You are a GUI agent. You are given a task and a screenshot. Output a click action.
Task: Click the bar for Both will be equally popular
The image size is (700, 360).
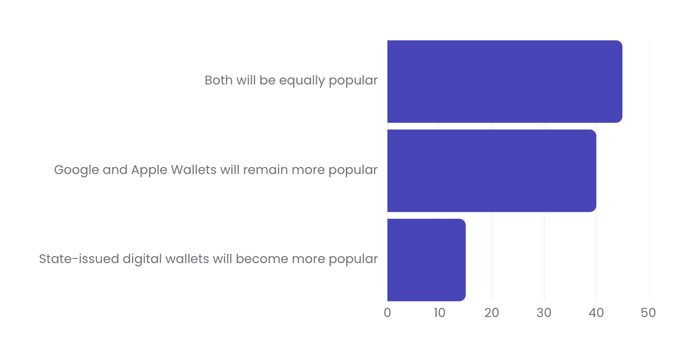(x=504, y=81)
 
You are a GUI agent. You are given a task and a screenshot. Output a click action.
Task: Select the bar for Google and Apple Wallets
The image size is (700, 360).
(x=491, y=170)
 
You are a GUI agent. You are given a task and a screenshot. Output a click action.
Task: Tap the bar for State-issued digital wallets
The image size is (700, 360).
(x=426, y=259)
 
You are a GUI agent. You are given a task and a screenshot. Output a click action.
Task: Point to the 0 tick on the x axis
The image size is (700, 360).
(x=387, y=313)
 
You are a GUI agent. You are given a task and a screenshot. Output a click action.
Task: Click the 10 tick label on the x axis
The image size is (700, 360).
(x=440, y=313)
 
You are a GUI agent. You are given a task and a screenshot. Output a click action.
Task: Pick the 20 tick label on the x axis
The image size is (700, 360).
(x=492, y=313)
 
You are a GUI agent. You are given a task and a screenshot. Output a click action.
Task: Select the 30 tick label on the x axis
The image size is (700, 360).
(x=544, y=313)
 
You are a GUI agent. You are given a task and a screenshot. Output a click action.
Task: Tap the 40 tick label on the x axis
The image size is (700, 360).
(x=596, y=313)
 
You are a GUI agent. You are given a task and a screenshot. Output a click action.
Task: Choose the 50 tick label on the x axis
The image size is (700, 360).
(x=648, y=313)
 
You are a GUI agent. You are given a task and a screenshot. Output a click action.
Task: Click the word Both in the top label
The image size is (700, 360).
(x=219, y=81)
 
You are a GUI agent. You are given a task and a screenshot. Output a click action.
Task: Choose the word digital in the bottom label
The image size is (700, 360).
(x=140, y=259)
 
